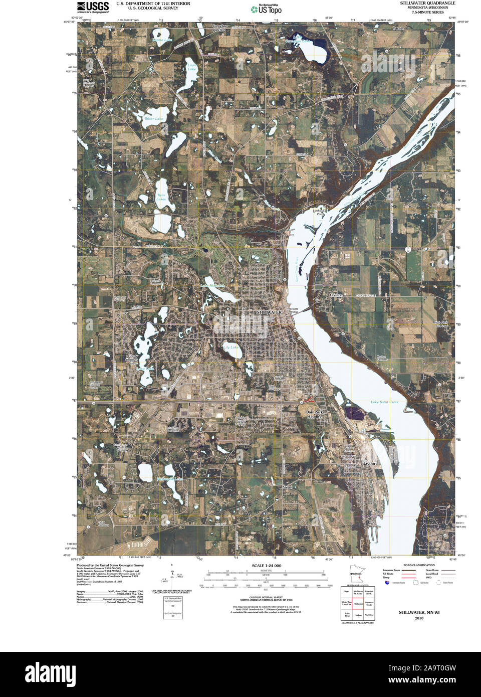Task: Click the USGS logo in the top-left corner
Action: coord(93,7)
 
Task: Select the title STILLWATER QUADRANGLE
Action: coord(427,3)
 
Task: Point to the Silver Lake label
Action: coord(154,119)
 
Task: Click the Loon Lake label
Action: coord(192,67)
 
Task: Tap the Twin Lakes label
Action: coord(161,197)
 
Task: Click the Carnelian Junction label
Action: coord(219,28)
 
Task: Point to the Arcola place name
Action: coord(398,29)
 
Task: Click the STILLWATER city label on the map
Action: coord(269,312)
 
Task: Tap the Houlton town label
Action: coord(336,295)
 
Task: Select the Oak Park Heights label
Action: coord(314,414)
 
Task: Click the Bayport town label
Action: coord(369,464)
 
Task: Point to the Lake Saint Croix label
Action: coord(384,402)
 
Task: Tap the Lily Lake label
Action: coord(231,347)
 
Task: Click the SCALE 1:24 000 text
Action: coord(267,566)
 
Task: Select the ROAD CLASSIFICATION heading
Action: coord(419,565)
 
